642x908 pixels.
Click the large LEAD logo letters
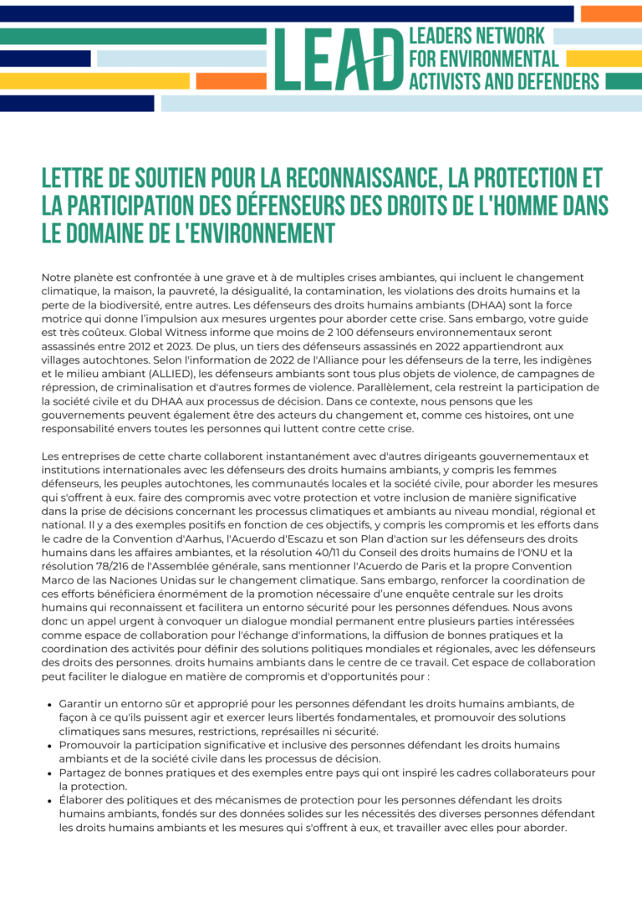(339, 59)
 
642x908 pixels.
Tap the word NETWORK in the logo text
(512, 36)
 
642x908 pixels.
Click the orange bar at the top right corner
(611, 13)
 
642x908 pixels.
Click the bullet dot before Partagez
(50, 773)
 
